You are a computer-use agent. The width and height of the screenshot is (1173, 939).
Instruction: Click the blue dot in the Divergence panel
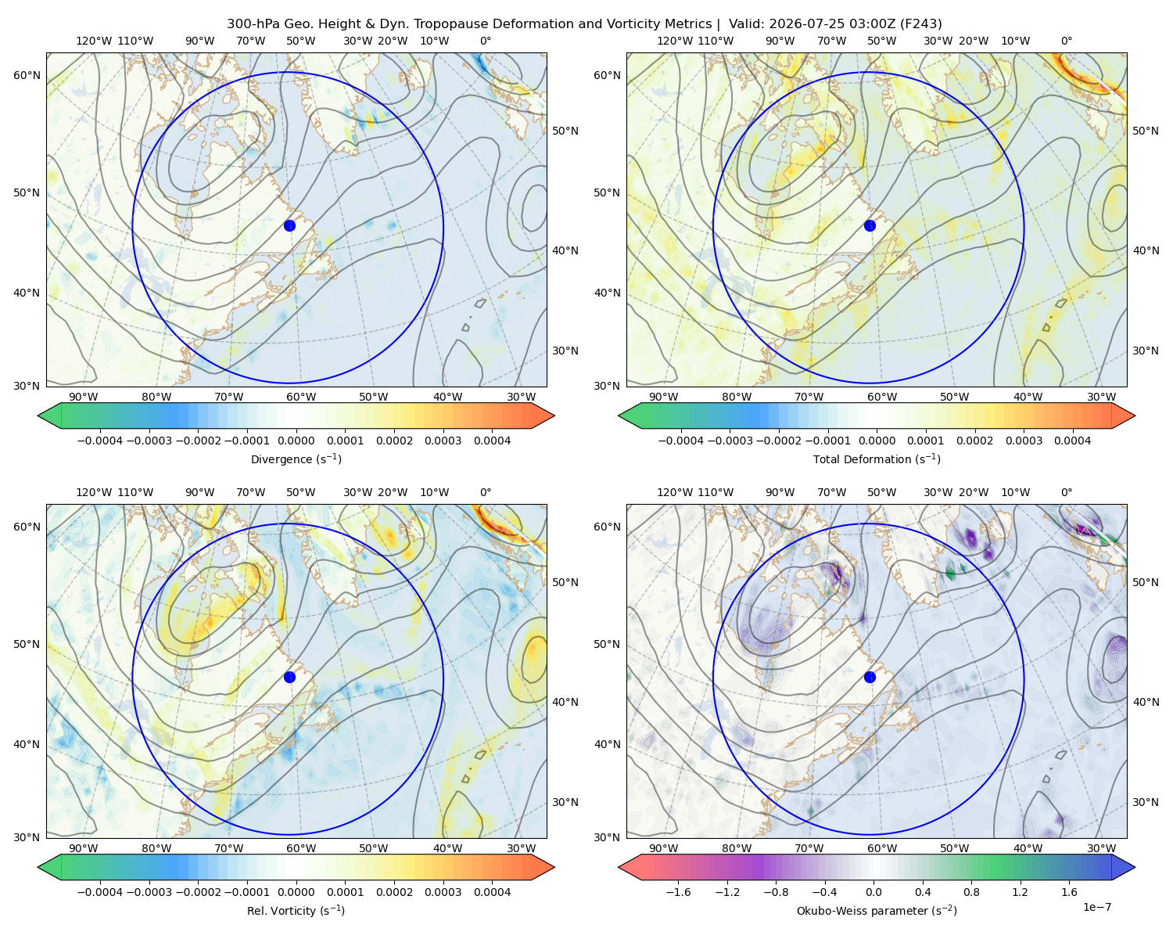[x=289, y=225]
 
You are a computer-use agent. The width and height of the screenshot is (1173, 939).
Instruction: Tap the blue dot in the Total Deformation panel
[x=870, y=225]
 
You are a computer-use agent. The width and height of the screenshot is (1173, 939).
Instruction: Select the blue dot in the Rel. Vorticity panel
[x=289, y=677]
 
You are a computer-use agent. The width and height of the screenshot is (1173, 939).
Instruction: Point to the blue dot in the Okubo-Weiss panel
[x=870, y=677]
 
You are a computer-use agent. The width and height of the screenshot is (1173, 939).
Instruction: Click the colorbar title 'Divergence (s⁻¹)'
[x=296, y=459]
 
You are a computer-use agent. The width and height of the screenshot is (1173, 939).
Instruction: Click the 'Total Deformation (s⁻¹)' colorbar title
[x=877, y=459]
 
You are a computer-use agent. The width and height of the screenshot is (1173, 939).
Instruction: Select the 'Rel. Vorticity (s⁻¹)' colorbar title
[x=296, y=911]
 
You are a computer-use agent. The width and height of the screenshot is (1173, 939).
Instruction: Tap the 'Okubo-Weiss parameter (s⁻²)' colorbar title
[x=877, y=911]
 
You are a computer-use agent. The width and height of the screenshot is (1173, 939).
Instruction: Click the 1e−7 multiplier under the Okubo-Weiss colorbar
[x=1096, y=908]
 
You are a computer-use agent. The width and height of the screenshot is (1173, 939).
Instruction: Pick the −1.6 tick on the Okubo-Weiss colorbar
[x=678, y=892]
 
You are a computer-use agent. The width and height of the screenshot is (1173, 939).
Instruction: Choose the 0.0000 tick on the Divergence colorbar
[x=296, y=441]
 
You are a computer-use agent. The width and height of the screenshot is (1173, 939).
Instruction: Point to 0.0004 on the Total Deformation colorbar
[x=1072, y=441]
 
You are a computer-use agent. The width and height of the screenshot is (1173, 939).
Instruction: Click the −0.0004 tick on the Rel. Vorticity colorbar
[x=100, y=892]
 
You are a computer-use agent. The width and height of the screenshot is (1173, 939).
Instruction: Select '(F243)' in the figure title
[x=920, y=24]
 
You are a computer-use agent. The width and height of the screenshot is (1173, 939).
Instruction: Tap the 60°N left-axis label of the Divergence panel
[x=27, y=75]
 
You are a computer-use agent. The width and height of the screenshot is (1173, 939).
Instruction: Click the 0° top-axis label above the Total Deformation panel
[x=1066, y=41]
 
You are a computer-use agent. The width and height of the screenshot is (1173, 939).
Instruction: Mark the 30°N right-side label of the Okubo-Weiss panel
[x=1145, y=802]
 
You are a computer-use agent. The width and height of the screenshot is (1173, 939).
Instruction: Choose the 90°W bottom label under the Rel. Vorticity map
[x=84, y=848]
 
